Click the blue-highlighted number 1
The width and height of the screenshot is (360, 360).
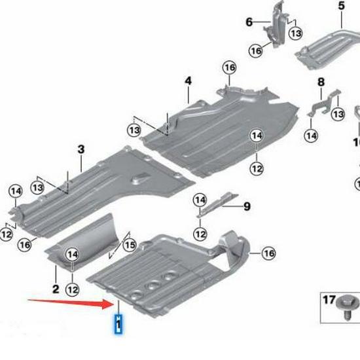click(118, 324)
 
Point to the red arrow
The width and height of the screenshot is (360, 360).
click(71, 302)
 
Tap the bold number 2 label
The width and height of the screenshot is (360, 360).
click(56, 289)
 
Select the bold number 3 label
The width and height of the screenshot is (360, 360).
click(81, 150)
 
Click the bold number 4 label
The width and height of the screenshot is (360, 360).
click(188, 81)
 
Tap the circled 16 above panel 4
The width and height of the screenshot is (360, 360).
click(228, 68)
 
